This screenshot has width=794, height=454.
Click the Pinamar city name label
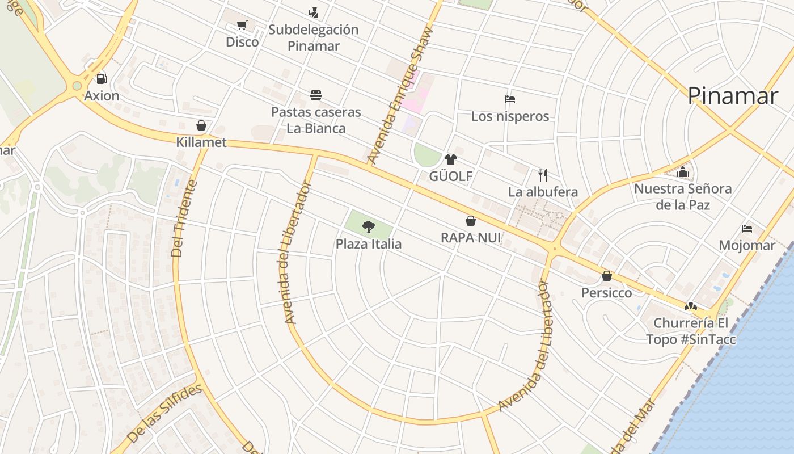(x=732, y=96)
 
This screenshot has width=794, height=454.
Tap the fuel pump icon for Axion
(x=102, y=79)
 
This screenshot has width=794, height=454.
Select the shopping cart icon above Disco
(x=242, y=25)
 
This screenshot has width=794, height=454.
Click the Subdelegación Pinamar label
(x=313, y=37)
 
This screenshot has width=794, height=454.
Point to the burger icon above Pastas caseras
(x=316, y=95)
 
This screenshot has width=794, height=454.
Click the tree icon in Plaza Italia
(x=369, y=227)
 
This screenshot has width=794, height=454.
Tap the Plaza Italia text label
(x=369, y=244)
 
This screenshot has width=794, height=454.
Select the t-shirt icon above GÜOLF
(x=451, y=159)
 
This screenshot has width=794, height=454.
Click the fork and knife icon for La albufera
(x=543, y=175)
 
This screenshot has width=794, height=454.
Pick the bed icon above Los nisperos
(x=510, y=99)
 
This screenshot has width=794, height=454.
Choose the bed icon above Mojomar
(x=747, y=229)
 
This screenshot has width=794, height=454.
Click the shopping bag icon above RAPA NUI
(x=471, y=221)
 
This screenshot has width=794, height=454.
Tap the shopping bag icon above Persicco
(x=607, y=276)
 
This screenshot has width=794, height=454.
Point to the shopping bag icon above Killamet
(x=201, y=125)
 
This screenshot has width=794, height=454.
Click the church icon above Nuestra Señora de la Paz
(x=683, y=172)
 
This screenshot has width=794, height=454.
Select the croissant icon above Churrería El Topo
(x=690, y=306)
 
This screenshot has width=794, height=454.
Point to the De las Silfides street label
(x=164, y=413)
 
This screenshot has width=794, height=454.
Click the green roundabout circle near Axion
(x=77, y=86)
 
